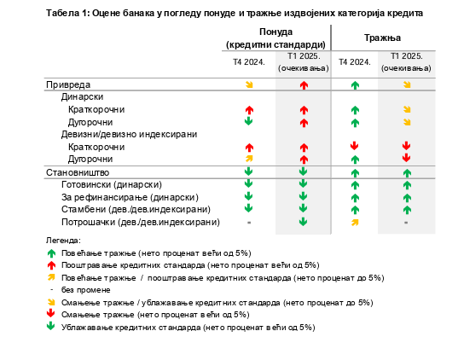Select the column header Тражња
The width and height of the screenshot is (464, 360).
point(382,38)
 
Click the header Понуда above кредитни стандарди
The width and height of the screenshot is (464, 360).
point(275,32)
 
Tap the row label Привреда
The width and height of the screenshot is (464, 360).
point(68,84)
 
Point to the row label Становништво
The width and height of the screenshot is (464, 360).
point(78,172)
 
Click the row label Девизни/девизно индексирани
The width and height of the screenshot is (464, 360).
point(129,135)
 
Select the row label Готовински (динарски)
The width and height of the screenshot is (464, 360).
point(112,185)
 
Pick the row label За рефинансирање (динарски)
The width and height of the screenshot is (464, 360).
point(130,197)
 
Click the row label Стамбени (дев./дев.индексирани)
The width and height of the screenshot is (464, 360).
point(136,210)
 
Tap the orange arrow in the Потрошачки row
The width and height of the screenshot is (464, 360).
point(355,223)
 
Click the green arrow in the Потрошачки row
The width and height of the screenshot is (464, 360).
point(303,222)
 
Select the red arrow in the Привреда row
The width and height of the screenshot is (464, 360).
point(304,85)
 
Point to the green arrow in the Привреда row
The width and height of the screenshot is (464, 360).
point(355,85)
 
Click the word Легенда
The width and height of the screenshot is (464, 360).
point(63,241)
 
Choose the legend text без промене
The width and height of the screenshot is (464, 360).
point(86,290)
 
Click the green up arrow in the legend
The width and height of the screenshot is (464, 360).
point(51,253)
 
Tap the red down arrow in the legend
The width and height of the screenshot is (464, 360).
point(51,314)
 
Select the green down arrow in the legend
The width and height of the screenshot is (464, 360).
point(51,326)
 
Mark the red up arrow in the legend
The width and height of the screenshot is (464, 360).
point(51,265)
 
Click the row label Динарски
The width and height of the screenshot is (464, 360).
point(82,96)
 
